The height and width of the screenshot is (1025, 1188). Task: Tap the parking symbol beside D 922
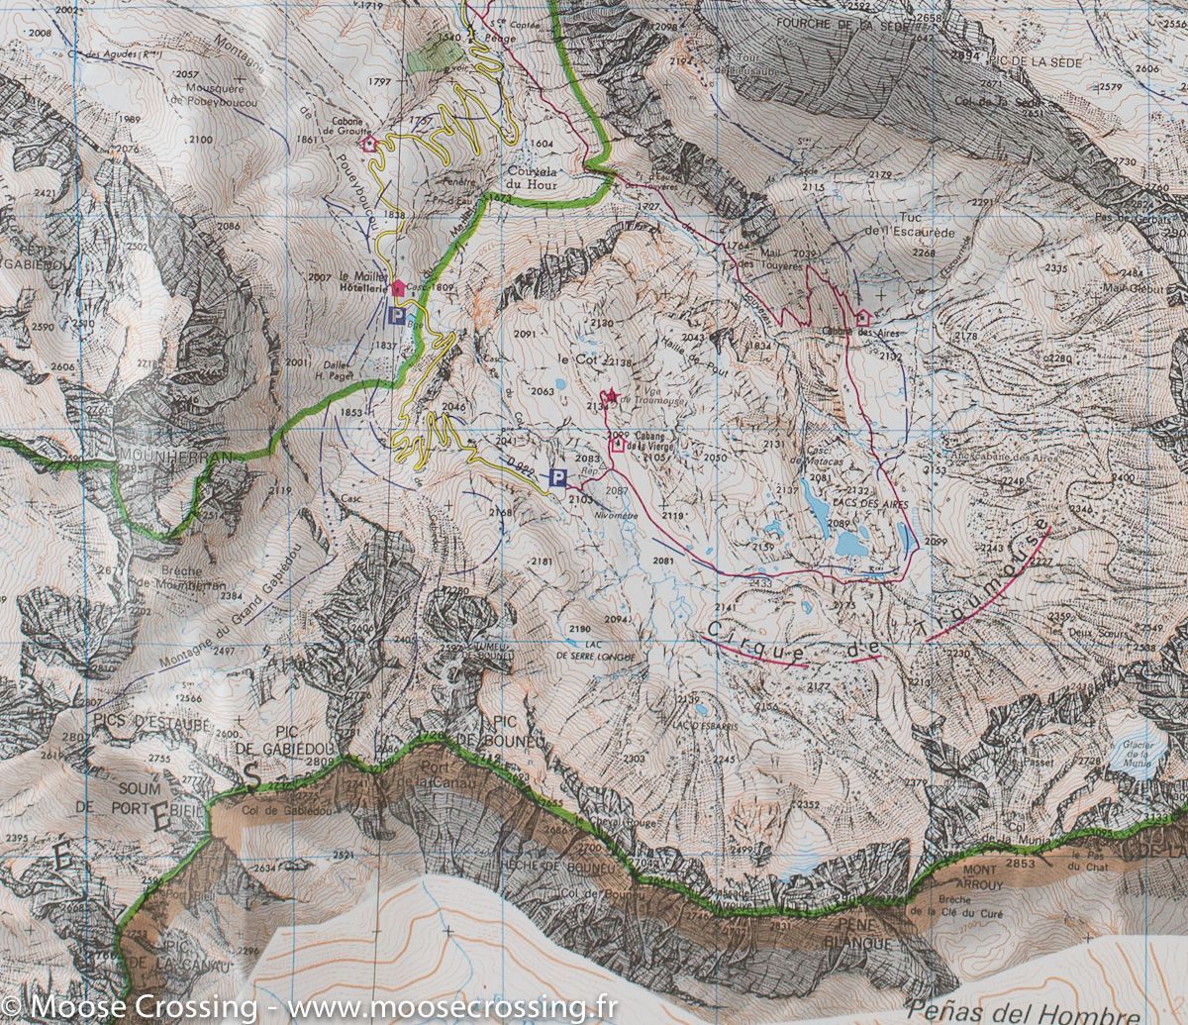[x=558, y=479]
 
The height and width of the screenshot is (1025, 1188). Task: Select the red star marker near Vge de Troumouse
[x=611, y=397]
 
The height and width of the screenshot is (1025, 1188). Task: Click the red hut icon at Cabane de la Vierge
[x=618, y=445]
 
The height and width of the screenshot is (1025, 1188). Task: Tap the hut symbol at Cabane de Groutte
[x=369, y=144]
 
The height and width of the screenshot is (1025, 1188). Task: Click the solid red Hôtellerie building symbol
[x=398, y=287]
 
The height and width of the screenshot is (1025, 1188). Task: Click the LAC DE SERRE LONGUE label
[x=594, y=651]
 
